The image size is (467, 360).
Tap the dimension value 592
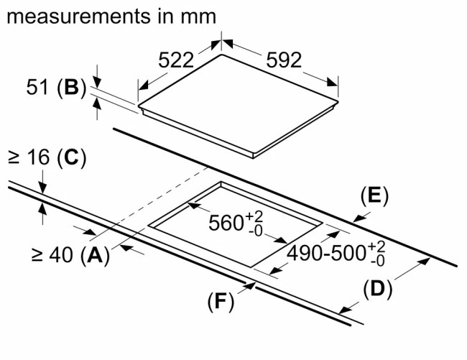coord(284,60)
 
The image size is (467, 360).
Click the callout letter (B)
coord(70,88)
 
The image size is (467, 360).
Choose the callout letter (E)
coord(373,196)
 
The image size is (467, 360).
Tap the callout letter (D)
coord(377,290)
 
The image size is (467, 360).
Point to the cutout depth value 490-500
coord(326,253)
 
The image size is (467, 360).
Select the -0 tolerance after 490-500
coord(376,261)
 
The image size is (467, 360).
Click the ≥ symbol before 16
coord(14,157)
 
